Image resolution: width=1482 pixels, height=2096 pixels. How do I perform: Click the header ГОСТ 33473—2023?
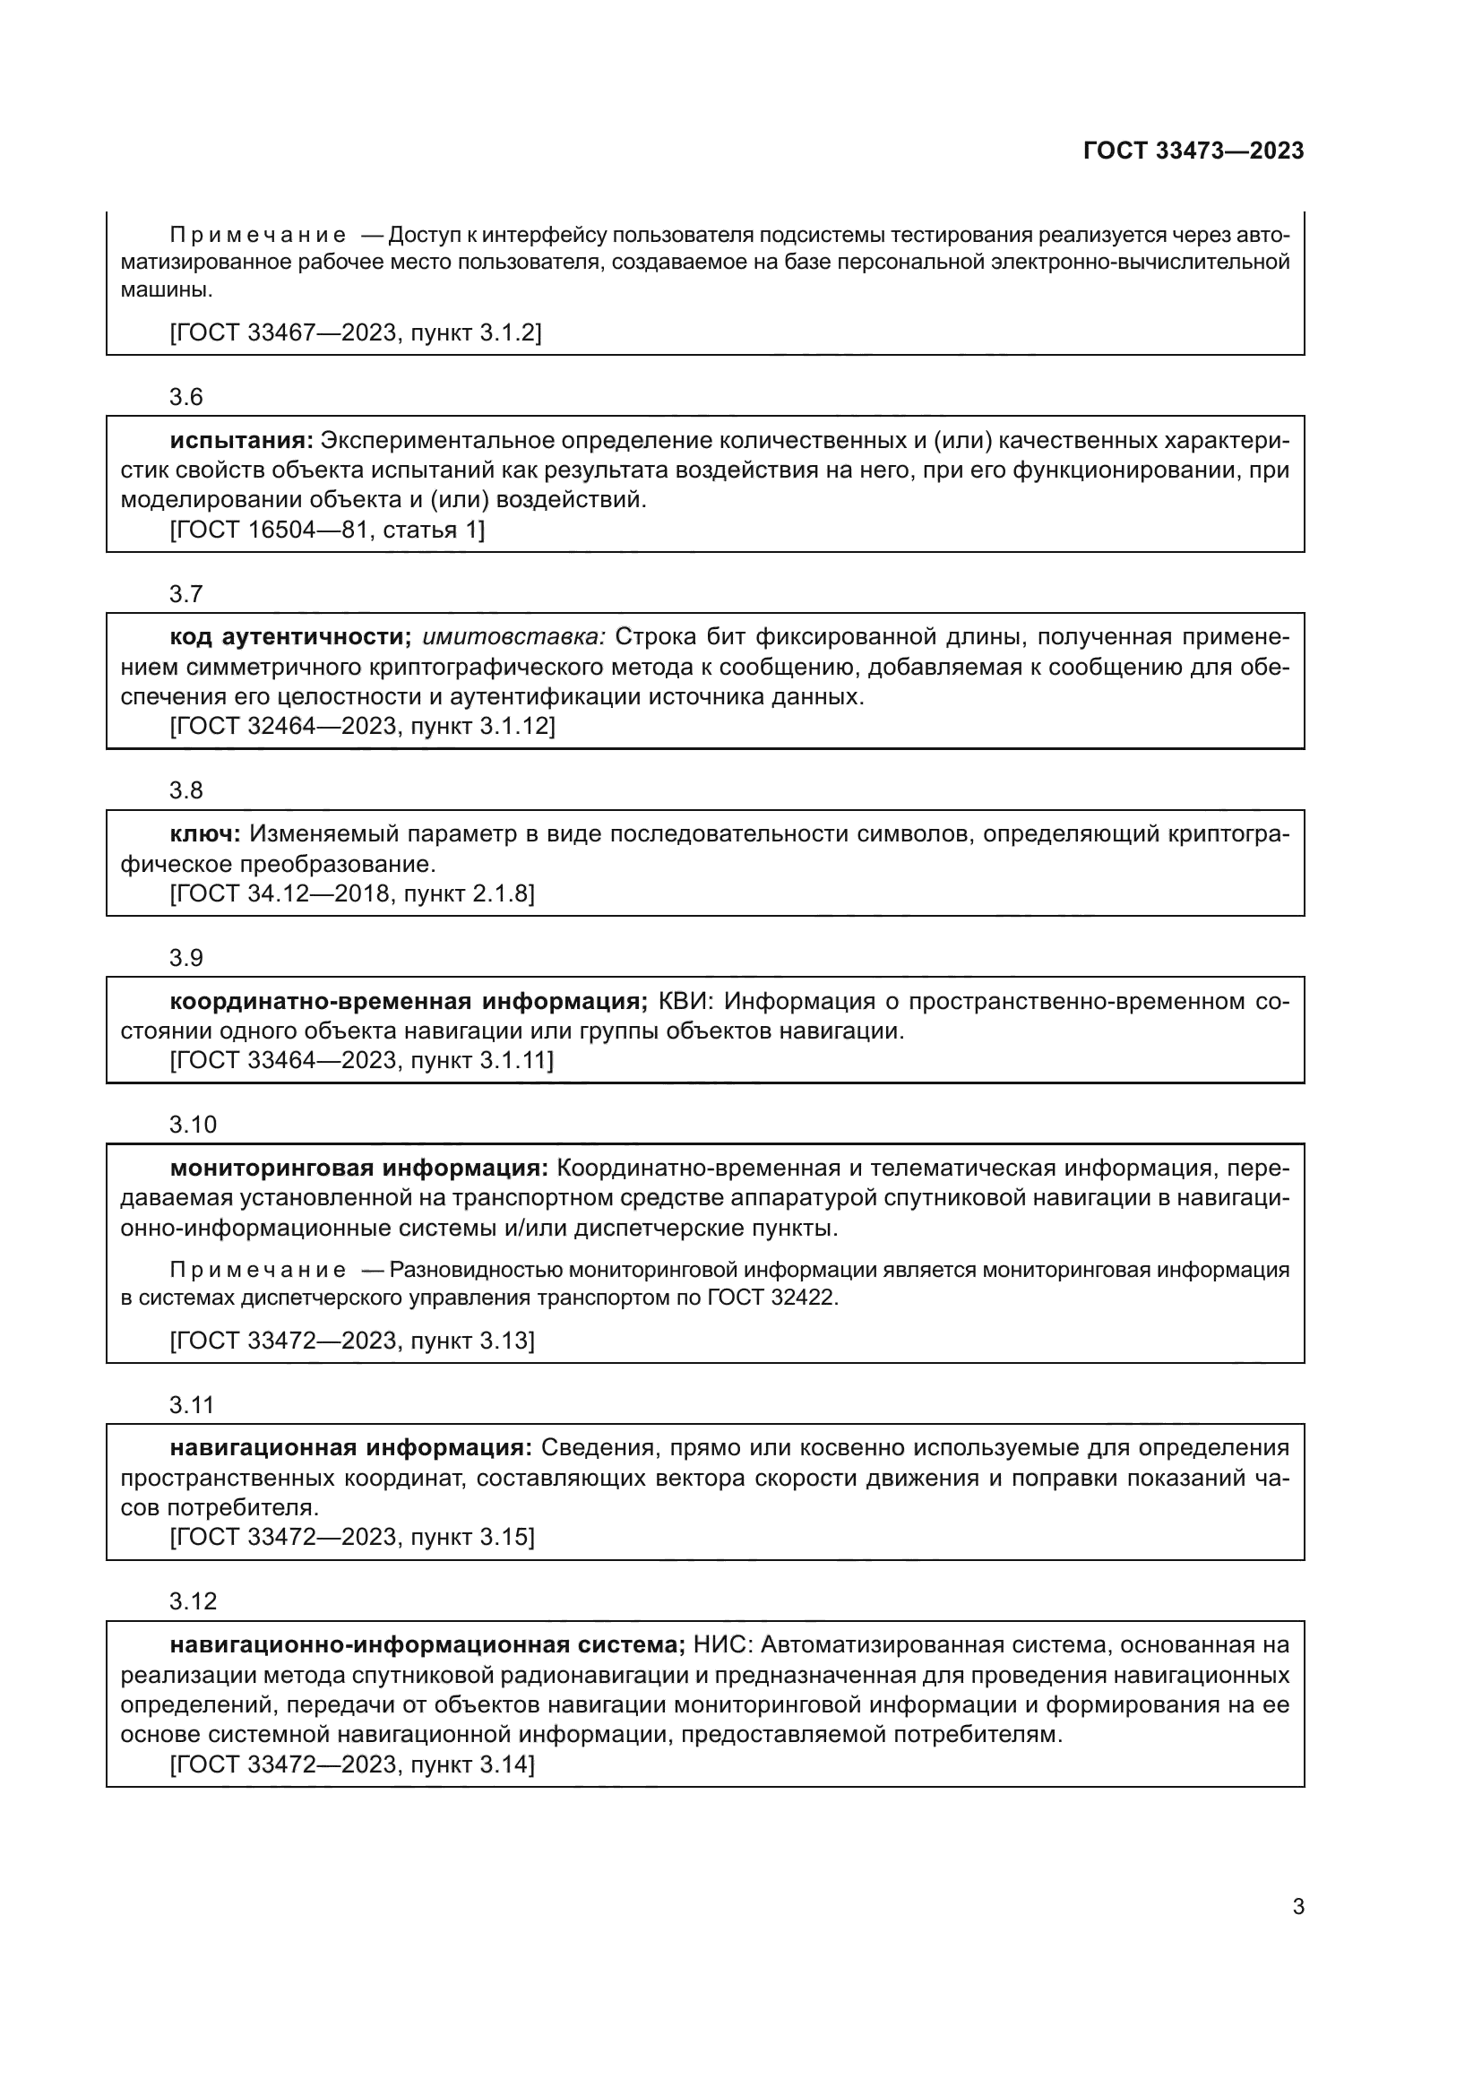click(x=1193, y=151)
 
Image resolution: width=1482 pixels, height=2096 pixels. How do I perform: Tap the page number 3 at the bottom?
click(x=1297, y=1906)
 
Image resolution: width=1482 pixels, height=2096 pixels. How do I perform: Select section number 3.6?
click(x=186, y=397)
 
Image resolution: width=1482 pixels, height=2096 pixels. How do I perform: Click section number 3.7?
click(x=186, y=594)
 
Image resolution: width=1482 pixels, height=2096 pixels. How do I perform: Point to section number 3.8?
click(x=186, y=790)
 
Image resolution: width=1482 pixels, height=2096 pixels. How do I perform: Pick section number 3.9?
click(x=186, y=958)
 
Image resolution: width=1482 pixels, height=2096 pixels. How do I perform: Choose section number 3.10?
click(x=193, y=1125)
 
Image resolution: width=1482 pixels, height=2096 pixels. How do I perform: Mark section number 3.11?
click(x=192, y=1405)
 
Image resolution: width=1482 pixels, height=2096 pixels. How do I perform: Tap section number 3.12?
click(x=193, y=1601)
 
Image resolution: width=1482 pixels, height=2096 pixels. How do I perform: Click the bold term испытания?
click(x=242, y=441)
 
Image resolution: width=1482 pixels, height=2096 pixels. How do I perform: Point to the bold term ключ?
click(x=205, y=834)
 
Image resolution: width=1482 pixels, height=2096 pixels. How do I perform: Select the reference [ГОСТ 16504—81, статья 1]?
click(x=328, y=530)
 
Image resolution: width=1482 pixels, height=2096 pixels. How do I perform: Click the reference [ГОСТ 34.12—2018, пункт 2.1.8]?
click(x=352, y=893)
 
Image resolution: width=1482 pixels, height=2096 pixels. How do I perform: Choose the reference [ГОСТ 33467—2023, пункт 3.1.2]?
click(x=356, y=332)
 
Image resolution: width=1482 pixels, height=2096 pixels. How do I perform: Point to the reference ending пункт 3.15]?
click(x=352, y=1538)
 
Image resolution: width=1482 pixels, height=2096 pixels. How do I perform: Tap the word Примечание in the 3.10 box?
click(x=258, y=1270)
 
